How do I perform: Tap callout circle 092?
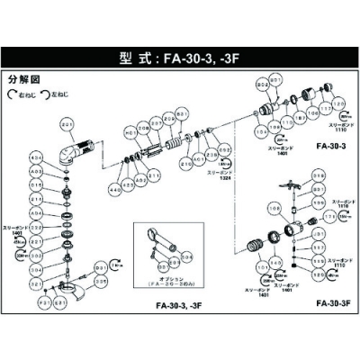(225, 150)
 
